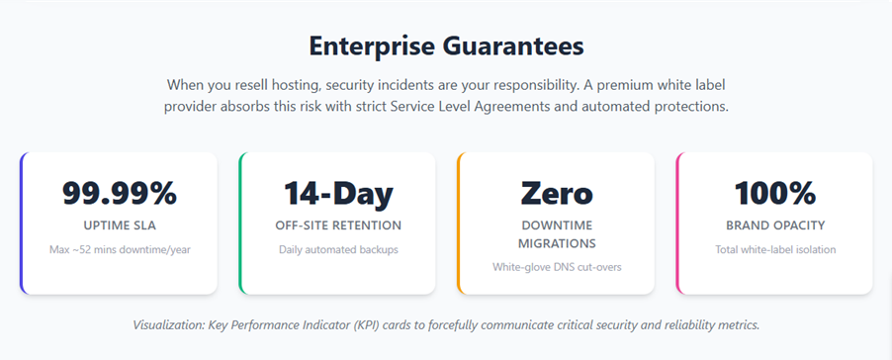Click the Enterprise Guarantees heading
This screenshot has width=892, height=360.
(446, 45)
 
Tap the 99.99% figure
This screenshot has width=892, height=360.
(119, 193)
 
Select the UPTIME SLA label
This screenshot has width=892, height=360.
(120, 225)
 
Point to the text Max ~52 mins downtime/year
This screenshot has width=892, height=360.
(120, 249)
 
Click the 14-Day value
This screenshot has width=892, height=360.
(338, 193)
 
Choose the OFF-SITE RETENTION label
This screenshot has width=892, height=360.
(338, 225)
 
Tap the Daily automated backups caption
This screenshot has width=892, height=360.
(338, 249)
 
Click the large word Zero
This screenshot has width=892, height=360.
(557, 193)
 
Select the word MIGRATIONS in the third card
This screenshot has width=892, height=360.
(557, 243)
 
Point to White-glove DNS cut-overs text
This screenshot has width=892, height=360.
(557, 267)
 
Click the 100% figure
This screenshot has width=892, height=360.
(775, 193)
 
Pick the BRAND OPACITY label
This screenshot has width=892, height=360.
(775, 225)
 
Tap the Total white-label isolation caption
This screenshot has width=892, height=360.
(775, 249)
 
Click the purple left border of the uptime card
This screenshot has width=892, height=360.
(22, 223)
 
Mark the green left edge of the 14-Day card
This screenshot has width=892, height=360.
(240, 223)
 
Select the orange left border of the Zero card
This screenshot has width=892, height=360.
(459, 223)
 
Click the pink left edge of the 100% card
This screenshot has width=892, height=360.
(677, 223)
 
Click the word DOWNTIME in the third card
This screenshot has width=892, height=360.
(557, 225)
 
